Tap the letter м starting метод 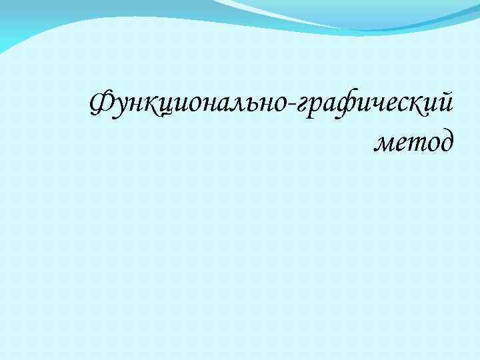385,142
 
